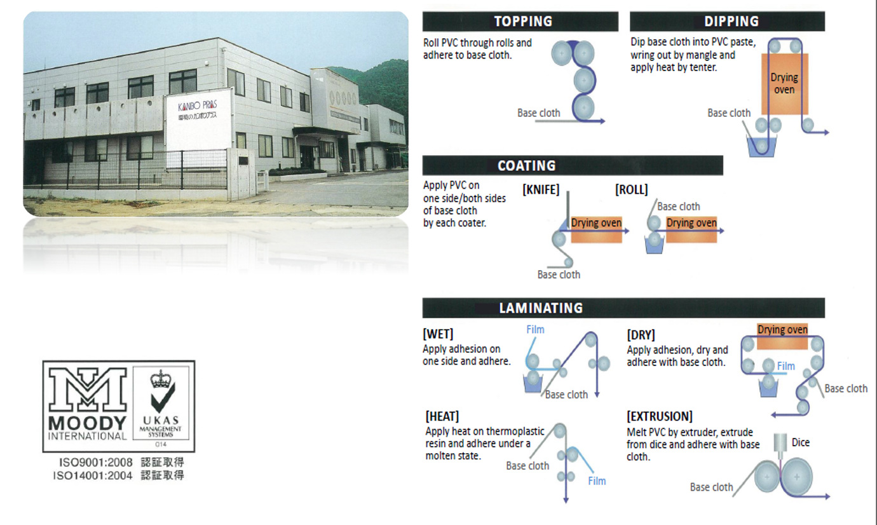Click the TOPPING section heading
(523, 22)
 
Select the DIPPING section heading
(731, 22)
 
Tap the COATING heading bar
(526, 166)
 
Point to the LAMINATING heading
(540, 308)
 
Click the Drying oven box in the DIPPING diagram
(784, 83)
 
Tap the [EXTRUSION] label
(660, 417)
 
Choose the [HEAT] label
(442, 417)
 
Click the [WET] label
(438, 334)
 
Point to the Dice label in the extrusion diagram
(801, 442)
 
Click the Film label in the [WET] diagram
(535, 329)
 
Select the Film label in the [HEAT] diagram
(597, 481)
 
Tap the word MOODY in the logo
(87, 423)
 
